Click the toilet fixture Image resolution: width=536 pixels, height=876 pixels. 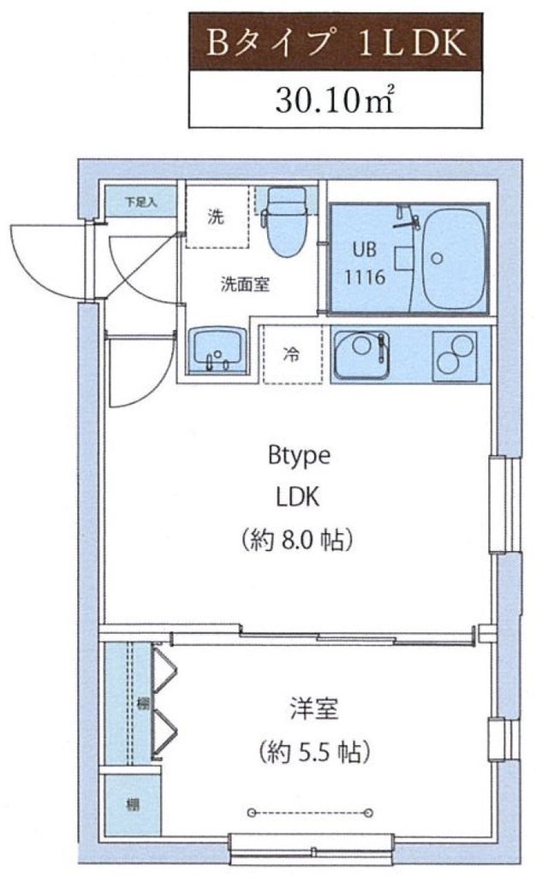[285, 221]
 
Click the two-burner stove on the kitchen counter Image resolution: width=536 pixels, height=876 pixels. [454, 354]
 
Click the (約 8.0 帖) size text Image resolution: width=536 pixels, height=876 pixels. [299, 540]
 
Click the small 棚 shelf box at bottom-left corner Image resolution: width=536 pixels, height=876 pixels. [133, 805]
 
